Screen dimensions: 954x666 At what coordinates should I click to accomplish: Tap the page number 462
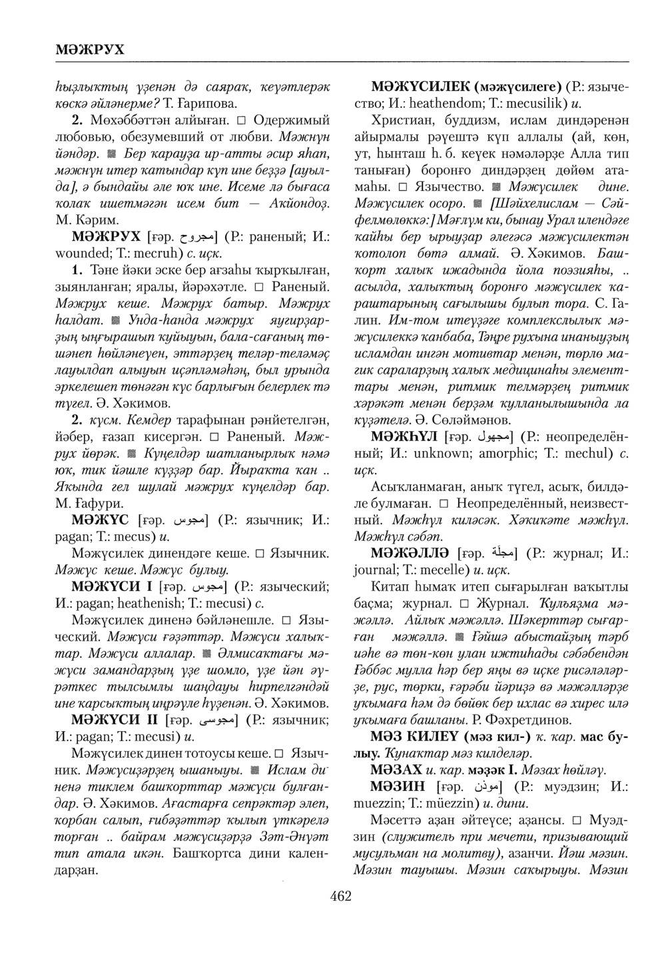pyautogui.click(x=340, y=896)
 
